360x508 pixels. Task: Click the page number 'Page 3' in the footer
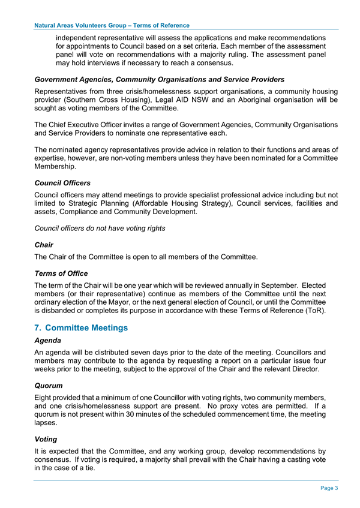click(x=328, y=488)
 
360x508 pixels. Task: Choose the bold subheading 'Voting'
click(x=49, y=439)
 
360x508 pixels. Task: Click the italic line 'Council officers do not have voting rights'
click(x=100, y=228)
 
